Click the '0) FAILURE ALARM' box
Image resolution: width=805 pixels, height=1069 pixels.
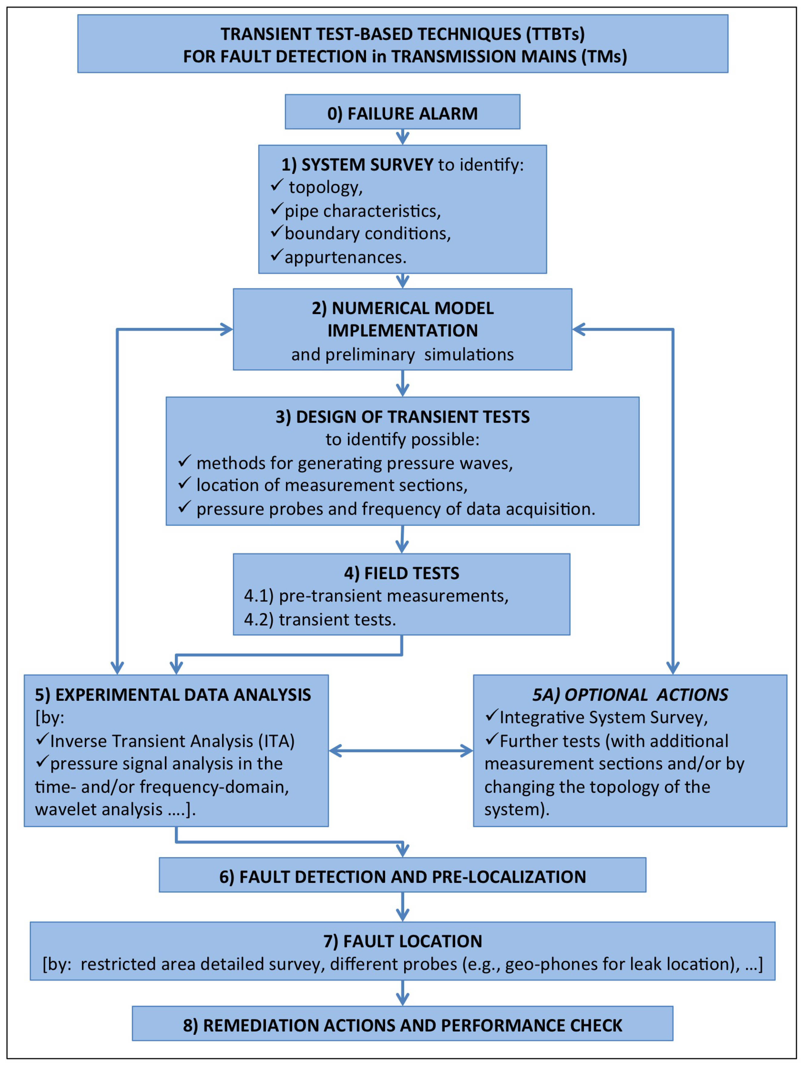coord(402,112)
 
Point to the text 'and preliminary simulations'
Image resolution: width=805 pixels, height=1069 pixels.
coord(402,354)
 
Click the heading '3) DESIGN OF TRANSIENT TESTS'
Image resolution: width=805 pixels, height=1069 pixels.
coord(402,417)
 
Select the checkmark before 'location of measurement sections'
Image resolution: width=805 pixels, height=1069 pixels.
coord(185,483)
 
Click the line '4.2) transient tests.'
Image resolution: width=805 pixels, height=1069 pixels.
coord(320,620)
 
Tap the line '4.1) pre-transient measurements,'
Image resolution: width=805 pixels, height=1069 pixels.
coord(376,596)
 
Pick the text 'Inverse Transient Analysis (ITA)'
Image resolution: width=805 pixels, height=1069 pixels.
coord(172,741)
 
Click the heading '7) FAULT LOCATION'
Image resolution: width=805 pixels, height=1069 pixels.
coord(402,941)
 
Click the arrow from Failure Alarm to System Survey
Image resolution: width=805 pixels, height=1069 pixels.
coord(402,137)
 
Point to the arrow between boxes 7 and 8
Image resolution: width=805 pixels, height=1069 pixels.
coord(402,993)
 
